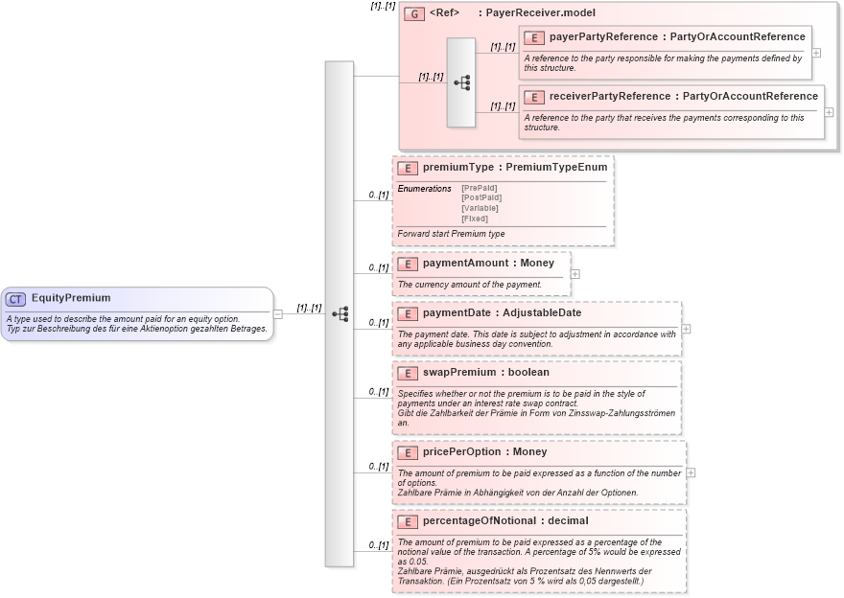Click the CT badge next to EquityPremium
pos(16,298)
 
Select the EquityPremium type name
pos(71,298)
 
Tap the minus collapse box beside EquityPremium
pos(277,313)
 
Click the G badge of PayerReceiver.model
pos(414,13)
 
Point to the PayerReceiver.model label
pos(540,13)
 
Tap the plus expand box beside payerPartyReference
pos(816,53)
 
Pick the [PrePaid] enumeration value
pos(480,189)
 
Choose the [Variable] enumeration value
pos(480,208)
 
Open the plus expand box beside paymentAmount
pos(575,273)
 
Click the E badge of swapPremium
pos(407,373)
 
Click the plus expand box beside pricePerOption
pos(692,472)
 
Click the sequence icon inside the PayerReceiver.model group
pos(461,83)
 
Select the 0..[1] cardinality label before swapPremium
pos(379,391)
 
